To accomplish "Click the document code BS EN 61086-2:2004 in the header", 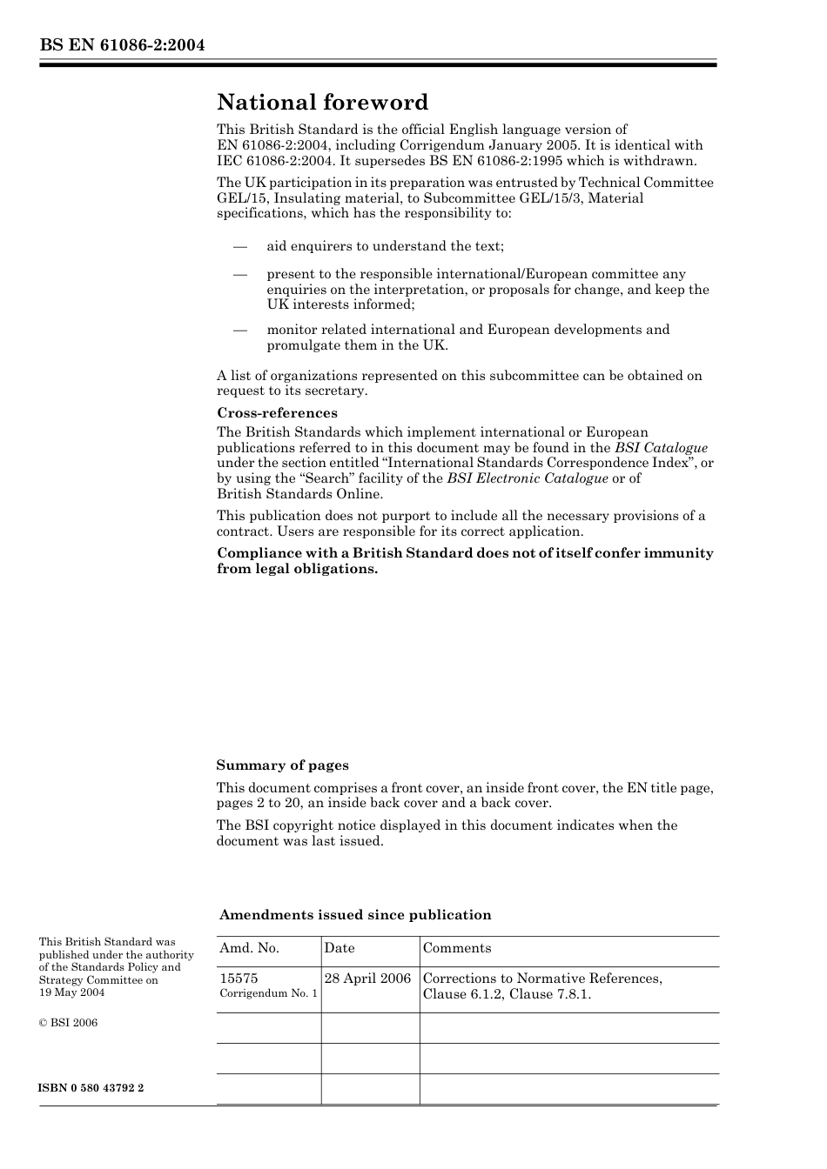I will click(122, 45).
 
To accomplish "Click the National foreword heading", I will click(322, 103).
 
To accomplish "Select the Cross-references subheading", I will click(277, 413).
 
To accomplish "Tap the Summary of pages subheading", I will click(282, 765).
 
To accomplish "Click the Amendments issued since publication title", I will click(355, 915).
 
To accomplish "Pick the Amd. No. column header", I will click(249, 948).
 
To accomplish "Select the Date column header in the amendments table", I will click(340, 948).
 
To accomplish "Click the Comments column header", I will click(457, 948).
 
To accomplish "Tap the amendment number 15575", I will click(239, 979).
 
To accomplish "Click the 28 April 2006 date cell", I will click(367, 979).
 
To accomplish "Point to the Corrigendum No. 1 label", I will click(268, 993).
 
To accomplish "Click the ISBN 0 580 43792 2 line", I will click(91, 1088).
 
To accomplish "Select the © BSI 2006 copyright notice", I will click(68, 1023).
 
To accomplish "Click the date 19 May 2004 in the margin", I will click(71, 992).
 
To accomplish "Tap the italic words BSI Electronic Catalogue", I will click(528, 478).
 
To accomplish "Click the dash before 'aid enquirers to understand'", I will click(240, 247).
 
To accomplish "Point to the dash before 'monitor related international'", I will click(240, 330).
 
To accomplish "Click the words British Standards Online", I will click(299, 494).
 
